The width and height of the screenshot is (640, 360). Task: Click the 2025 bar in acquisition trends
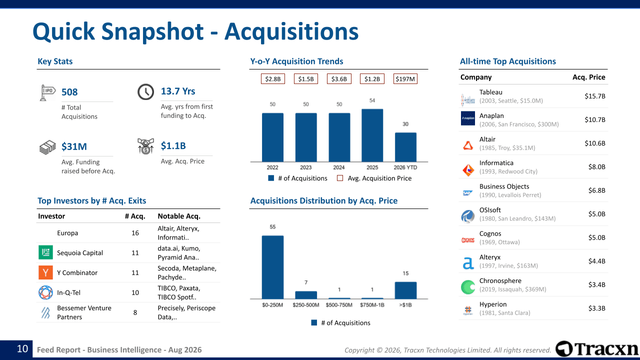[372, 135]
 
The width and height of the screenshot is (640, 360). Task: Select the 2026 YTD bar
[405, 147]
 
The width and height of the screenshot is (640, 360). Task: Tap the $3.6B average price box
[339, 79]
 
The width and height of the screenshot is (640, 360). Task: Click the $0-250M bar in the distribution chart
[273, 267]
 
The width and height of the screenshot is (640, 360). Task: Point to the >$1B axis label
[405, 305]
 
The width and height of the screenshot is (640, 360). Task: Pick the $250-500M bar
[306, 295]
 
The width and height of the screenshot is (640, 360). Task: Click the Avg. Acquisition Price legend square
[340, 178]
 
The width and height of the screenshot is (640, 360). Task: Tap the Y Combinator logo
[45, 272]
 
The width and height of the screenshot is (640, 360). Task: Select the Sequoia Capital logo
[45, 252]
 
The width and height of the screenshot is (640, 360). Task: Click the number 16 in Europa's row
[135, 233]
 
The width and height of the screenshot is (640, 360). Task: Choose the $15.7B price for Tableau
[595, 96]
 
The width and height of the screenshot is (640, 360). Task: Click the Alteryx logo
[468, 263]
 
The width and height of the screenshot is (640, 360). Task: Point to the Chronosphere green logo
[468, 287]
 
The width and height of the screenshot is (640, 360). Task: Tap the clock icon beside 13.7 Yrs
[145, 91]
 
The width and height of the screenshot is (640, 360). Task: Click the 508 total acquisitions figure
[69, 92]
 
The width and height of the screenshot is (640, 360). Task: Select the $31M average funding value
[74, 146]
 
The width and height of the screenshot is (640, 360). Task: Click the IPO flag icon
[47, 92]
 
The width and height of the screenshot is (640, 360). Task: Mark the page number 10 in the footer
[22, 349]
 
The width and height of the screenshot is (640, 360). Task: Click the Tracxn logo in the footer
[597, 349]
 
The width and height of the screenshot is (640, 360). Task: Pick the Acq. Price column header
[589, 77]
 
